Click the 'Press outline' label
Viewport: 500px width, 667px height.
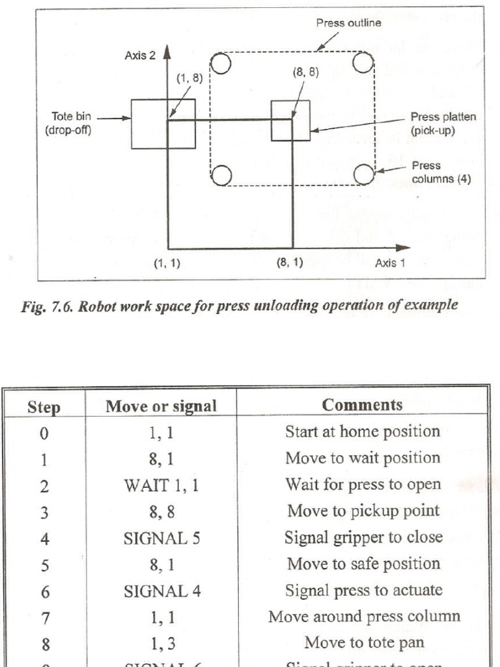(x=349, y=23)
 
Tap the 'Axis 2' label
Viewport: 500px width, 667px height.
(x=139, y=57)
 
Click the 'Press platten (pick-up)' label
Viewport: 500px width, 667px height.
(x=443, y=123)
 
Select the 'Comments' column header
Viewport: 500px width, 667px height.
(x=363, y=404)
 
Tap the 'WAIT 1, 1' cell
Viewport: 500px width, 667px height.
(x=161, y=484)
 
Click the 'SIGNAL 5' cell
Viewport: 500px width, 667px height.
(x=161, y=537)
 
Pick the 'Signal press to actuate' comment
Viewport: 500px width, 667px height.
(x=363, y=590)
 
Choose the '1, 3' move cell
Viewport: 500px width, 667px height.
(x=161, y=643)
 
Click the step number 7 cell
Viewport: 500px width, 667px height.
(x=44, y=617)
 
